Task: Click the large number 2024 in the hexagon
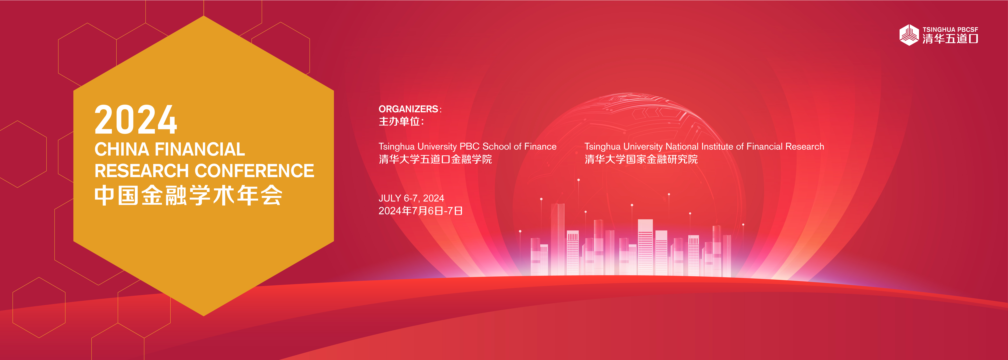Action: coord(136,120)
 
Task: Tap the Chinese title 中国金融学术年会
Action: coord(188,196)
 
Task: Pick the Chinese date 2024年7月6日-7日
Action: coord(421,211)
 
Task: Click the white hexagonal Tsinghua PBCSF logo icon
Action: coord(909,35)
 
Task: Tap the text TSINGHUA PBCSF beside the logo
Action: coord(950,29)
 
